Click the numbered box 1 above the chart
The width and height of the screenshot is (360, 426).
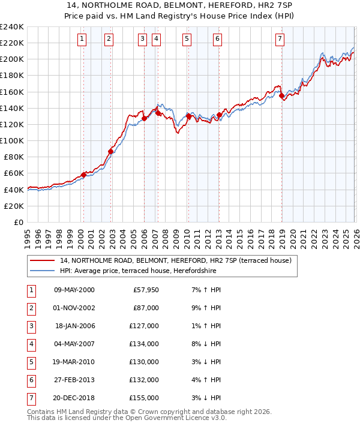point(82,39)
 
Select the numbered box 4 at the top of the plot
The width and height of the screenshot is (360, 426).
point(156,39)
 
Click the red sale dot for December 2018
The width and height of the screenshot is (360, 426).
point(281,95)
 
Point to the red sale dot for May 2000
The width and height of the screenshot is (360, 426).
point(83,175)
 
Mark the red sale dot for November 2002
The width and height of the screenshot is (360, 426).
point(110,151)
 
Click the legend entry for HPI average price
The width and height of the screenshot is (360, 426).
point(137,271)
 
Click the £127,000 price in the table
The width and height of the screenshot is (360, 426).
point(145,326)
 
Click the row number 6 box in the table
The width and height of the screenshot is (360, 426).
point(30,379)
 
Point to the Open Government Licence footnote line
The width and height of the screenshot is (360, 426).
point(127,418)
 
